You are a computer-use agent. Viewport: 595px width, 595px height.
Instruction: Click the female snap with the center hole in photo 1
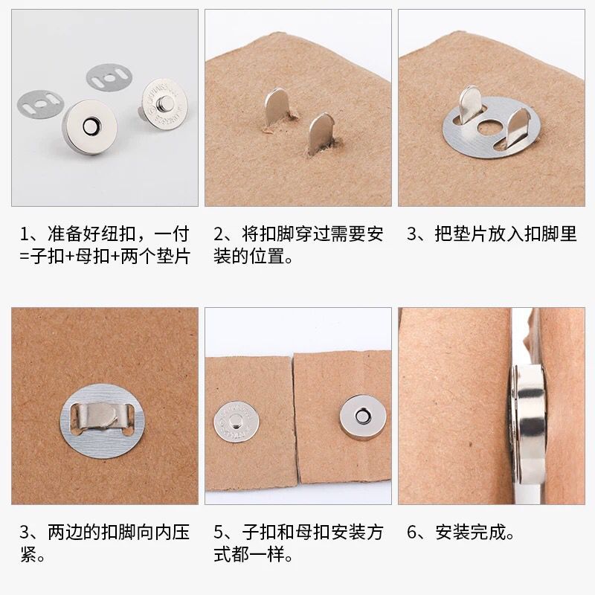pyautogui.click(x=90, y=128)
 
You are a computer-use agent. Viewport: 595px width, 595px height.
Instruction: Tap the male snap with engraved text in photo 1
pyautogui.click(x=164, y=104)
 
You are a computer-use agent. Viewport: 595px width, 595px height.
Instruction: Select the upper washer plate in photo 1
pyautogui.click(x=109, y=78)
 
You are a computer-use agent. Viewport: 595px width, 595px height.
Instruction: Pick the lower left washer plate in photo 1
pyautogui.click(x=40, y=104)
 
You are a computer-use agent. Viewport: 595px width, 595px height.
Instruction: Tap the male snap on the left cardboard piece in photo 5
pyautogui.click(x=237, y=422)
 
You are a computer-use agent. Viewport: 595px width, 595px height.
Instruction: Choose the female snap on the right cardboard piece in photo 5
pyautogui.click(x=363, y=417)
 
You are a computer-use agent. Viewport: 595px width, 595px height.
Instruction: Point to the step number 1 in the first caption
pyautogui.click(x=25, y=234)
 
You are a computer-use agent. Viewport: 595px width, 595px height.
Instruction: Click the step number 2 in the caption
pyautogui.click(x=219, y=234)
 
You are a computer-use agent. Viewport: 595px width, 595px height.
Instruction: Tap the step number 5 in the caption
pyautogui.click(x=219, y=533)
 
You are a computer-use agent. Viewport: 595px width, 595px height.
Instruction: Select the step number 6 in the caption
pyautogui.click(x=412, y=533)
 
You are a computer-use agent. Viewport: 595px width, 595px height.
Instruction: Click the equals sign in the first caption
pyautogui.click(x=25, y=257)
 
